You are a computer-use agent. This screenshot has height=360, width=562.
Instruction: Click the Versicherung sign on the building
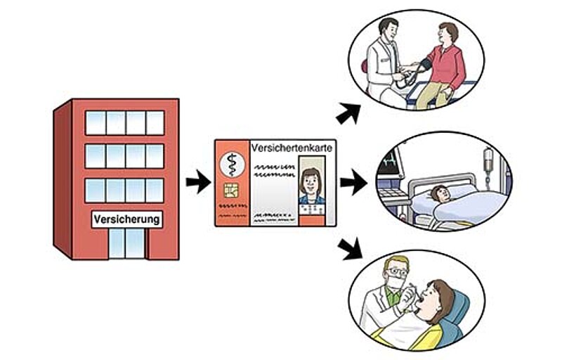126,219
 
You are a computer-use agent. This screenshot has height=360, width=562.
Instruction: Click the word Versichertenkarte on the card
292,148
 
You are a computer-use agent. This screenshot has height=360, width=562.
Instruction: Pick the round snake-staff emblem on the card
230,164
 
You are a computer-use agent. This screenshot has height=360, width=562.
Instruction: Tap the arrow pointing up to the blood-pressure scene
347,112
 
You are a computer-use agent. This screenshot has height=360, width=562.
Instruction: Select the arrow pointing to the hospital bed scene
353,184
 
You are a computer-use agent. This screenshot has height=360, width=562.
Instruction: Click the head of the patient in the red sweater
447,32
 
